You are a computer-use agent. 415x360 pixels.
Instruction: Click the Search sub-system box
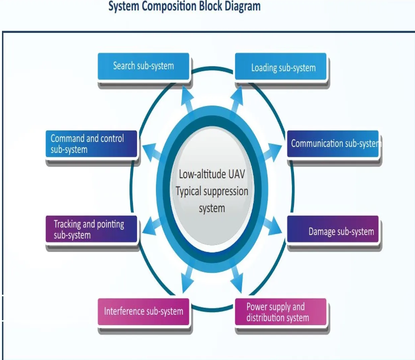(143, 66)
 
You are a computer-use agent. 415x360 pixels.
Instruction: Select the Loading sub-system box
(281, 67)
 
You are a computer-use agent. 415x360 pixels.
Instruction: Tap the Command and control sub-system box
(91, 144)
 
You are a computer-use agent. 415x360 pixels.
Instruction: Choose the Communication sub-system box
(333, 144)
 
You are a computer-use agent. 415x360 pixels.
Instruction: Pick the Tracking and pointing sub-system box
(91, 229)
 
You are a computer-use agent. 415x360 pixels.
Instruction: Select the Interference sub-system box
(143, 312)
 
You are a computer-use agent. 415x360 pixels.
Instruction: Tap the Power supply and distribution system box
(281, 312)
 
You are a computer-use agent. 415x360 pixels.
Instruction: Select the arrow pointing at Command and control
(154, 151)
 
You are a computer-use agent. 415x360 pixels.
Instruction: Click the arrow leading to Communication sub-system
(271, 151)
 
